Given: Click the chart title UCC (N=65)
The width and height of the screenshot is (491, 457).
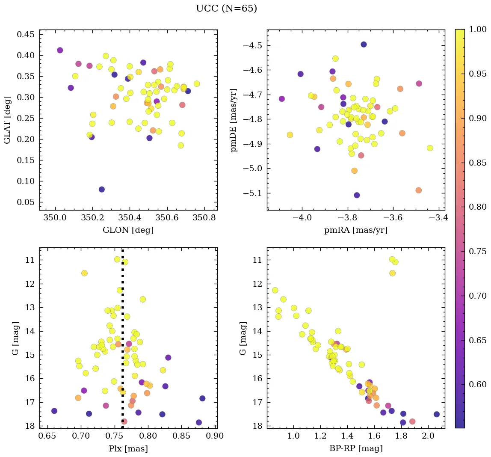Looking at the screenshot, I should (x=226, y=9).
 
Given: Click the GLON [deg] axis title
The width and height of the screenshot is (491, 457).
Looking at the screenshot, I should (x=128, y=230).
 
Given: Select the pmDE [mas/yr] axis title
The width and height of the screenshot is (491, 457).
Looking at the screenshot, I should (x=234, y=120).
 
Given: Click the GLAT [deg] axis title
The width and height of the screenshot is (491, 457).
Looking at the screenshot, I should (x=7, y=120).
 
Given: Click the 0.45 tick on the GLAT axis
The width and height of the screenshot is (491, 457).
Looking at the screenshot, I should (x=26, y=34).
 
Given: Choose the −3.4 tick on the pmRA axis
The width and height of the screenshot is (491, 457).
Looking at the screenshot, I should (x=439, y=218).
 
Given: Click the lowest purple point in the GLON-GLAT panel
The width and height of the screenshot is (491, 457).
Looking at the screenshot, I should (x=102, y=190).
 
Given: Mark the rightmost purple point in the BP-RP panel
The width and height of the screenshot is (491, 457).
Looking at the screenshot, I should (x=437, y=414).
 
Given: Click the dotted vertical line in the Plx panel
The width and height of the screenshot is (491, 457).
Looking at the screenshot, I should (x=123, y=342).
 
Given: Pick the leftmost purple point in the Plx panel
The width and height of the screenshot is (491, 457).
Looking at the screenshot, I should (x=54, y=411).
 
